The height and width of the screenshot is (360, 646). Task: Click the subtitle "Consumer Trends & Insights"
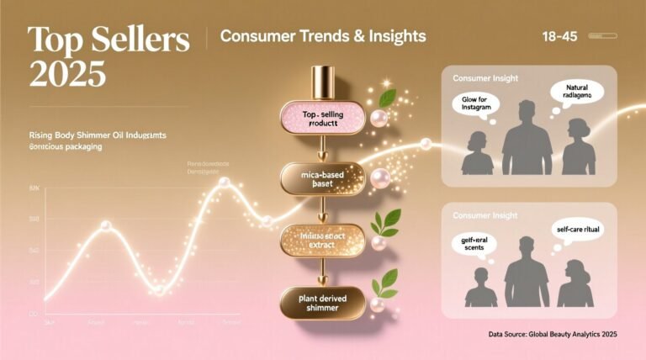pos(322,37)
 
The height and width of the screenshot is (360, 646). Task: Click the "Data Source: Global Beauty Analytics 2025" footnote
pos(553,335)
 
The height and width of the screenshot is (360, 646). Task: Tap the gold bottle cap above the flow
pos(322,82)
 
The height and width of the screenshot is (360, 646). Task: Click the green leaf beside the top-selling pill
pos(388,98)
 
